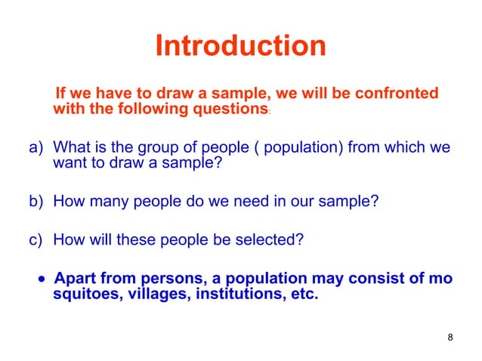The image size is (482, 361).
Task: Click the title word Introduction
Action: coord(240,47)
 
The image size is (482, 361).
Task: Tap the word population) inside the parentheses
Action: coord(302,147)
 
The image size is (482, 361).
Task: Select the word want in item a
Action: coord(69,162)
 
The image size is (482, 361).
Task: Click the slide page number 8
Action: coord(450,337)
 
